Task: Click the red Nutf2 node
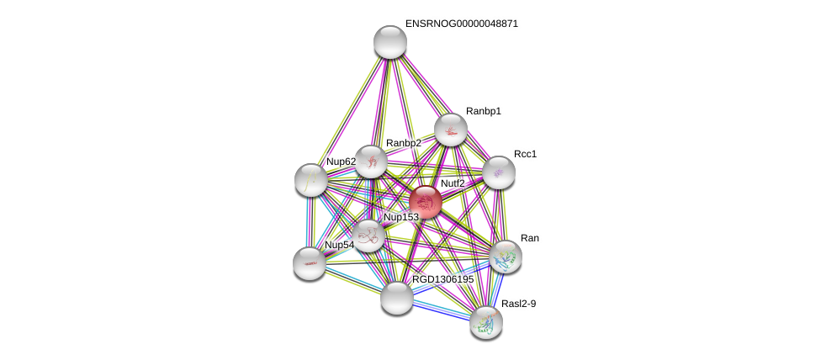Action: click(426, 202)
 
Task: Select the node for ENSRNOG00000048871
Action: click(390, 42)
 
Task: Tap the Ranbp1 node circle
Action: click(451, 130)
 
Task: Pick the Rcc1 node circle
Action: click(499, 172)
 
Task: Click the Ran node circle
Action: click(506, 257)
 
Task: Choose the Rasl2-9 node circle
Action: click(486, 321)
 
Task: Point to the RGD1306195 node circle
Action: click(397, 297)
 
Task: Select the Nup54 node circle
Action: click(310, 263)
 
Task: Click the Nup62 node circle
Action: click(311, 179)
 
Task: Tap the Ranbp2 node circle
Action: click(371, 161)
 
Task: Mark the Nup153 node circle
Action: click(368, 236)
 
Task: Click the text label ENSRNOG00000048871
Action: click(461, 24)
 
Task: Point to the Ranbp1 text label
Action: click(484, 111)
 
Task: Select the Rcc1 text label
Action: click(526, 154)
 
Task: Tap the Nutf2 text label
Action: click(453, 183)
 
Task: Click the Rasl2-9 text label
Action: click(518, 304)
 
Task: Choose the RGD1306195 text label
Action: click(442, 279)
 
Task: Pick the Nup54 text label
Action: click(340, 245)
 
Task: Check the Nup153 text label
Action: click(401, 217)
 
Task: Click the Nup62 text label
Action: click(341, 161)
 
